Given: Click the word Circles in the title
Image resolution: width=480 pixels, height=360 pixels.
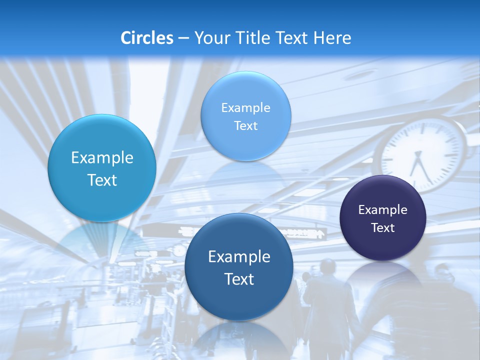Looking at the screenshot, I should (x=146, y=38).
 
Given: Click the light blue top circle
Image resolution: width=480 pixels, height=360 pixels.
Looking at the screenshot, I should (x=245, y=116).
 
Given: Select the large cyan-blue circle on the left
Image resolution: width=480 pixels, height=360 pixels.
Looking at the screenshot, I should (x=102, y=168).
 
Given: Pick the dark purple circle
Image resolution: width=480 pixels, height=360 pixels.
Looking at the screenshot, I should (x=383, y=218).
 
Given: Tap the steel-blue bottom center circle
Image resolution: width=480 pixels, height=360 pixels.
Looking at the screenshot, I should (x=239, y=267).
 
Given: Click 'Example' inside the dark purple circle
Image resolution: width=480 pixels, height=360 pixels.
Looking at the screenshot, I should (x=383, y=210).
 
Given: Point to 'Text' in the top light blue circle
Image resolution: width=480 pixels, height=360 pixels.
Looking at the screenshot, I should (x=245, y=126).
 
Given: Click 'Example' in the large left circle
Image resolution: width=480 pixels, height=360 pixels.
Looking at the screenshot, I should (x=102, y=158).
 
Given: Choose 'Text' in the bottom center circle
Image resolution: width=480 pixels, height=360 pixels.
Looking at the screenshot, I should (x=239, y=279).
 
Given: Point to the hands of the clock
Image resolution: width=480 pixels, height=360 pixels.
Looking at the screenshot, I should (x=419, y=165).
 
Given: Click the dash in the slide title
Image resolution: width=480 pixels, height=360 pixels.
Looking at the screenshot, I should (x=183, y=38).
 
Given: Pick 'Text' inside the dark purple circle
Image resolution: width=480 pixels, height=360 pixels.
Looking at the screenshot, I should (x=383, y=228).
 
